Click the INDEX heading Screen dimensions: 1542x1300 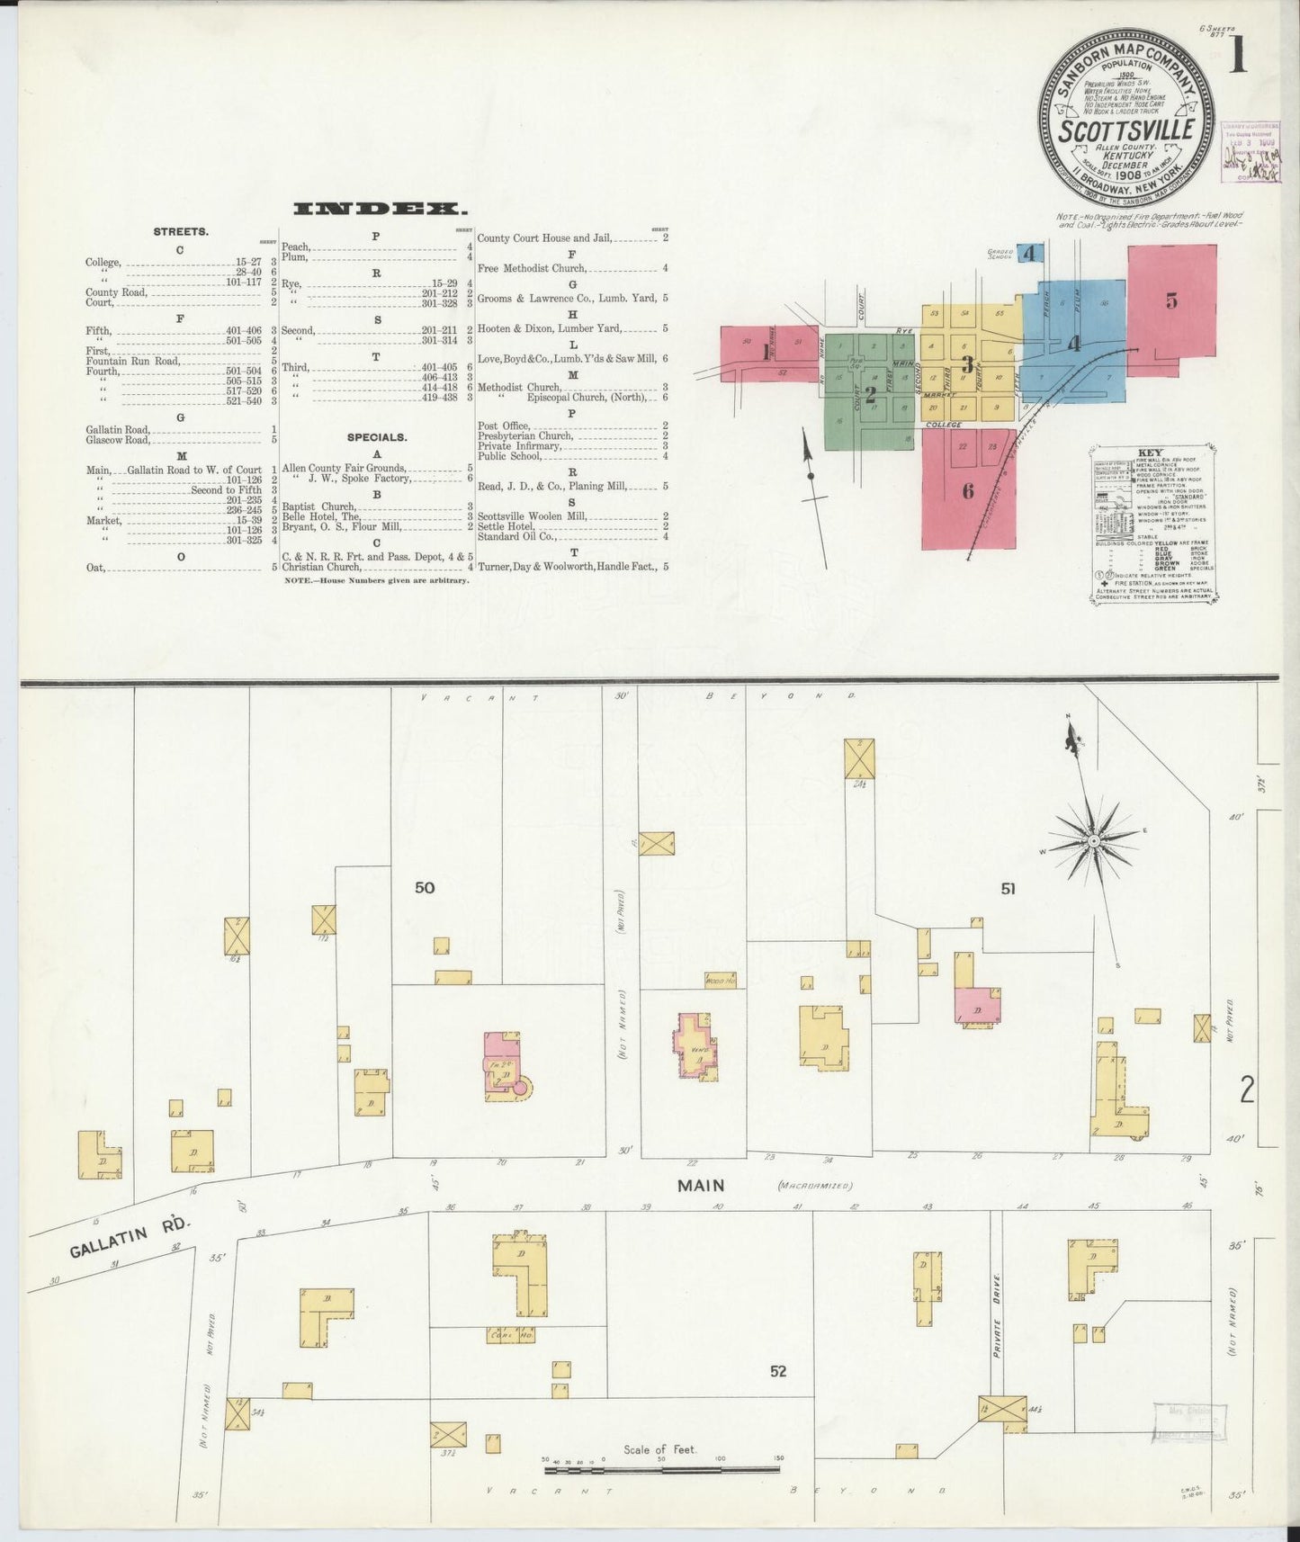pyautogui.click(x=380, y=209)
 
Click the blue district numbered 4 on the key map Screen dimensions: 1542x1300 pyautogui.click(x=1073, y=343)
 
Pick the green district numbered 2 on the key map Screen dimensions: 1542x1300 pyautogui.click(x=869, y=393)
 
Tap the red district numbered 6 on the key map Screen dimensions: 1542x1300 pyautogui.click(x=968, y=491)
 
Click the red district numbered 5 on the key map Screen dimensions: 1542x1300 pyautogui.click(x=1170, y=300)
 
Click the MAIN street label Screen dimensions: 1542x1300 pyautogui.click(x=701, y=1186)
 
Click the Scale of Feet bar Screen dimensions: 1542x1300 pyautogui.click(x=662, y=1469)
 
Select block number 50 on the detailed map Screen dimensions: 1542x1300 pyautogui.click(x=425, y=888)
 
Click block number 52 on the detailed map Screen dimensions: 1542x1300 pyautogui.click(x=778, y=1371)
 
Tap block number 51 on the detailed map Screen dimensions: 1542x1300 pyautogui.click(x=1008, y=889)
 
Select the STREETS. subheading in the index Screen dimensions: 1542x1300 pyautogui.click(x=181, y=231)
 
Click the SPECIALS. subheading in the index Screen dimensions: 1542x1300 pyautogui.click(x=377, y=437)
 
